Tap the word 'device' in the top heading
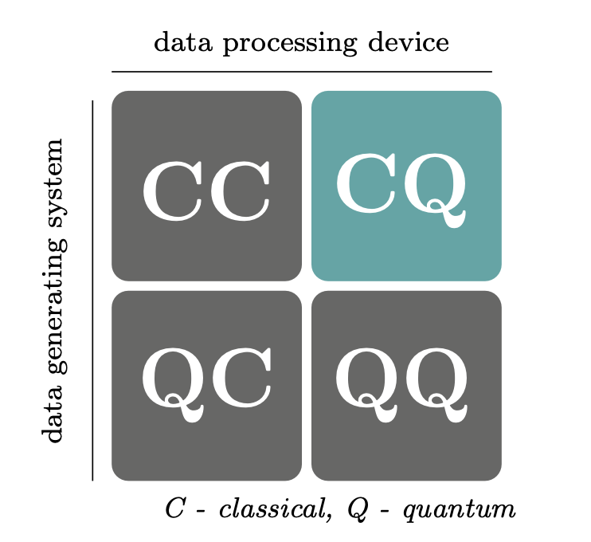point(409,41)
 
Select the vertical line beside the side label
point(92,290)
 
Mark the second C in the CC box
point(240,191)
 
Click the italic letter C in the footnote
point(174,509)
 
